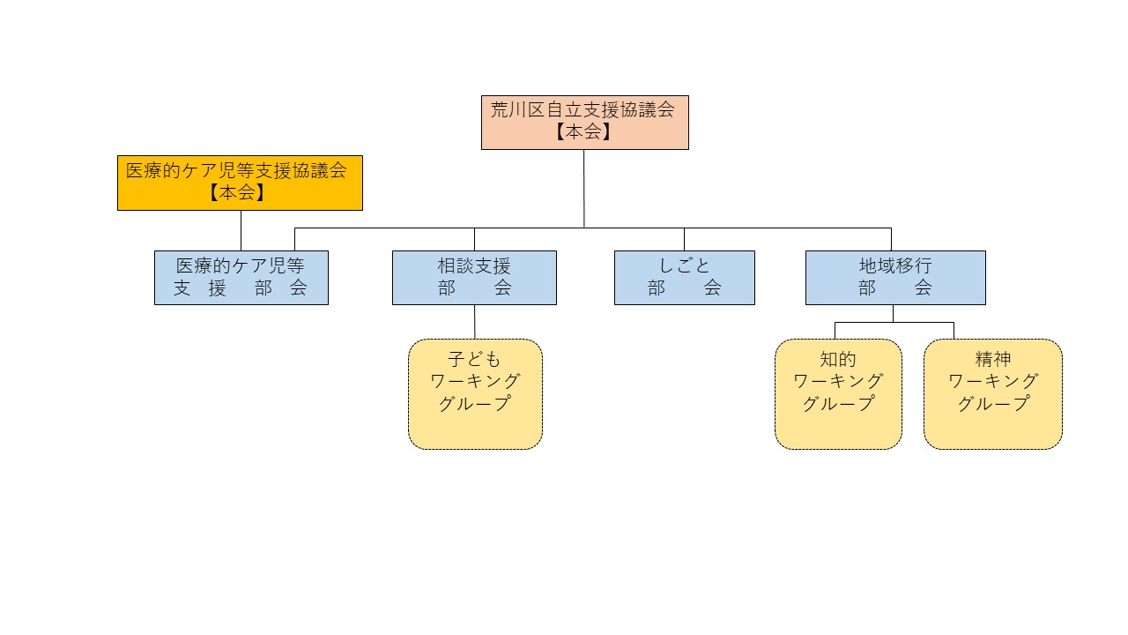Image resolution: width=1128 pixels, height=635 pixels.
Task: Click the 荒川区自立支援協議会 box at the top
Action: (584, 122)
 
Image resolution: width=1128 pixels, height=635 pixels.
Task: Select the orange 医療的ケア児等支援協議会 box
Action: (240, 183)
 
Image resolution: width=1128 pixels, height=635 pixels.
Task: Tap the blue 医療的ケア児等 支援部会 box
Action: (241, 277)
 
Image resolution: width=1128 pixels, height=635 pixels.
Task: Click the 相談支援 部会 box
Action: (474, 277)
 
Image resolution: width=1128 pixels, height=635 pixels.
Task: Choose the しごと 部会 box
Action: (684, 277)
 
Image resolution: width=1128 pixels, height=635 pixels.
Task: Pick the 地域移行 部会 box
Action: (895, 277)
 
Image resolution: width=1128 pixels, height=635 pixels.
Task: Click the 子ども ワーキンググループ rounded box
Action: (475, 394)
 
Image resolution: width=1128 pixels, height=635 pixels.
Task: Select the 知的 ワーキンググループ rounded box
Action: (838, 394)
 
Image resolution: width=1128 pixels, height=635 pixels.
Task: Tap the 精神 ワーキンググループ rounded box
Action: (992, 394)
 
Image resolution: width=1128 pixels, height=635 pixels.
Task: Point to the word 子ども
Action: (475, 359)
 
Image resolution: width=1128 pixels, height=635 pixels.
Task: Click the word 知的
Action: (838, 359)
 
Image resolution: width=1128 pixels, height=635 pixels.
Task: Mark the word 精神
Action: (993, 359)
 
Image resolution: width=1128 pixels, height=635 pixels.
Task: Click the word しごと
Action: (685, 265)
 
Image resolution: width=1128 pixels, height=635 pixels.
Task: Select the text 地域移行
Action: (895, 265)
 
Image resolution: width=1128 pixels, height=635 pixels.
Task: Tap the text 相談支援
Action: (474, 265)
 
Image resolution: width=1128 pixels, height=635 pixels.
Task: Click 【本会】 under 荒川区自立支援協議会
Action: (583, 132)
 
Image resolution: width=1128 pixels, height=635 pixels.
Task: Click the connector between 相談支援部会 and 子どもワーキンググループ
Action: (475, 322)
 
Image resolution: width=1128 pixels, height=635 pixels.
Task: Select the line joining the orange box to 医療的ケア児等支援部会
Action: (241, 230)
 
